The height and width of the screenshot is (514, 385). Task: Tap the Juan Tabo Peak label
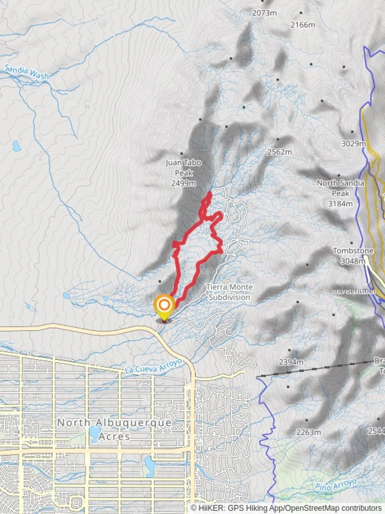(x=183, y=168)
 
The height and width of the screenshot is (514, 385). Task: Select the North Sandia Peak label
(x=341, y=188)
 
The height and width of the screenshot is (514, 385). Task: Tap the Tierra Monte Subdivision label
(x=229, y=292)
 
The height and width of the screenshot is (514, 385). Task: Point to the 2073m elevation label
(x=264, y=13)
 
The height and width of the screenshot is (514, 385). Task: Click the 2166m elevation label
(x=303, y=24)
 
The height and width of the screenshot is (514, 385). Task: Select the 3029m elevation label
(x=353, y=144)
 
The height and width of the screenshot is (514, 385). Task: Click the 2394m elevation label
(x=291, y=362)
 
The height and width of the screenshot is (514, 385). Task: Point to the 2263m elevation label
(x=308, y=433)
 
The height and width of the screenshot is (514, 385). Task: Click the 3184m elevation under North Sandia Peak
(x=341, y=204)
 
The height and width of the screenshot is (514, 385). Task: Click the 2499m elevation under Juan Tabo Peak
(x=183, y=183)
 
